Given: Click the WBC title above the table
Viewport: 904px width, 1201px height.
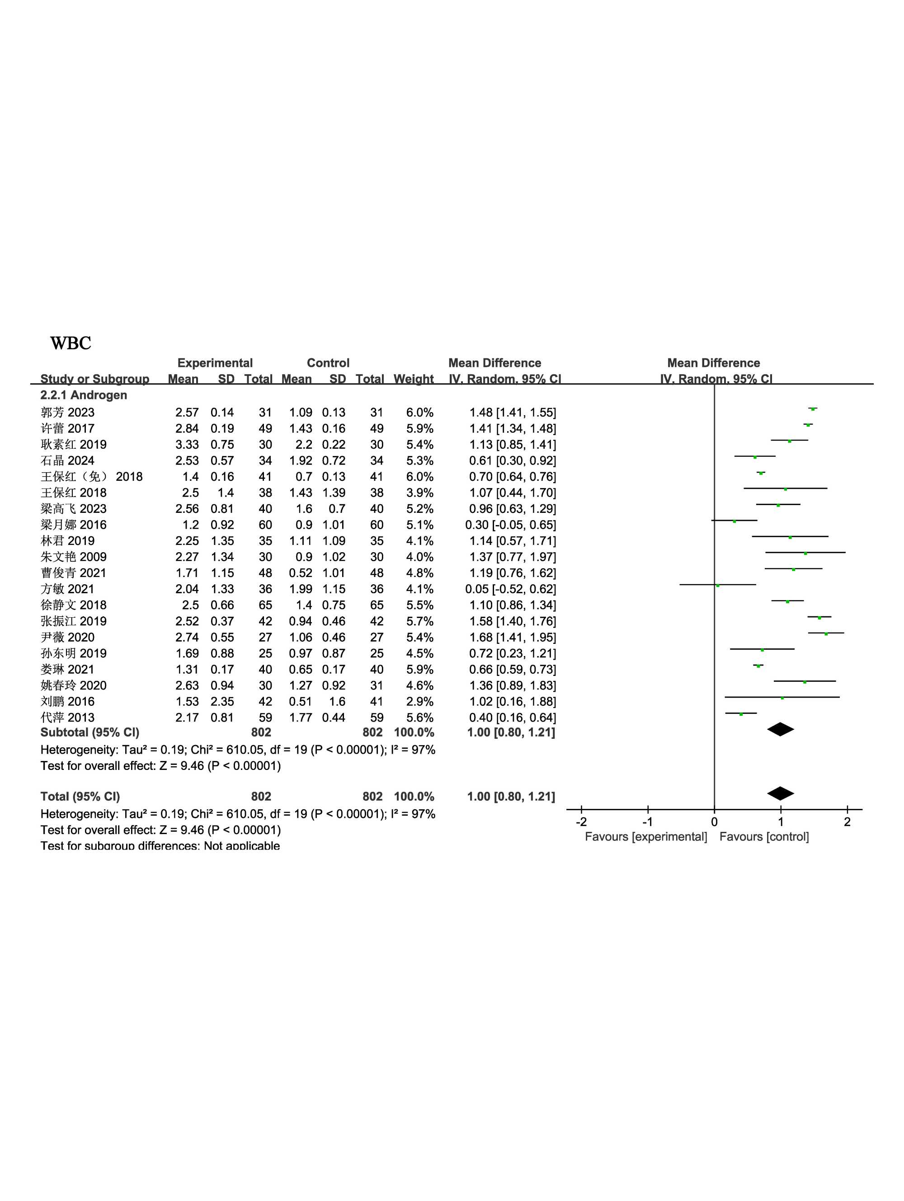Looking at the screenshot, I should [x=70, y=343].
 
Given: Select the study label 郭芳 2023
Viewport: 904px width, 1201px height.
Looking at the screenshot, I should [x=67, y=413].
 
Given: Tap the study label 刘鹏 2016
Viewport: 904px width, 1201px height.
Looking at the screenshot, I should [x=67, y=702].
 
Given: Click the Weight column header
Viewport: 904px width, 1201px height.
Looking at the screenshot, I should [x=414, y=379].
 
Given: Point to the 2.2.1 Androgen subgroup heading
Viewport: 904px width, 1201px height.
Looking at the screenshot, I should [x=84, y=395].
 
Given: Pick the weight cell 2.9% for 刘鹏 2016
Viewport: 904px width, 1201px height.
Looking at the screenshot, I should [x=419, y=702].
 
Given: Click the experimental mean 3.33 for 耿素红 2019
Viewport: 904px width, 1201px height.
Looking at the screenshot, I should [x=187, y=445].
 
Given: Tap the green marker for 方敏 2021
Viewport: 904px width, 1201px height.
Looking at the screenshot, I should [x=717, y=585].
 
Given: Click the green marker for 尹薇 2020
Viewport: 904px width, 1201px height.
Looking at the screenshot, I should [x=826, y=633].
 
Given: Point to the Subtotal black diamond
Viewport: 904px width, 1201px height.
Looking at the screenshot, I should [x=780, y=729].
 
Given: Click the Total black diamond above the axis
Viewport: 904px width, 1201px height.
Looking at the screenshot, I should [x=780, y=793].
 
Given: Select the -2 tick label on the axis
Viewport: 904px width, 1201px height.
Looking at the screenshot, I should [x=581, y=822].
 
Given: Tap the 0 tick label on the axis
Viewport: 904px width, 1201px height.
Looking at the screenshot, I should [x=714, y=822].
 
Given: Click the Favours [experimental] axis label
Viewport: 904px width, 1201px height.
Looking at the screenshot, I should [x=645, y=837].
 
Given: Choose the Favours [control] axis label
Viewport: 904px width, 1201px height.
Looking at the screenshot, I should [x=764, y=837].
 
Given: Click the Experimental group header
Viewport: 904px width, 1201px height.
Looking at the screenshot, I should [x=215, y=363].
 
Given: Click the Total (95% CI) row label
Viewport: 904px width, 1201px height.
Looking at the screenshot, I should [x=80, y=797].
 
